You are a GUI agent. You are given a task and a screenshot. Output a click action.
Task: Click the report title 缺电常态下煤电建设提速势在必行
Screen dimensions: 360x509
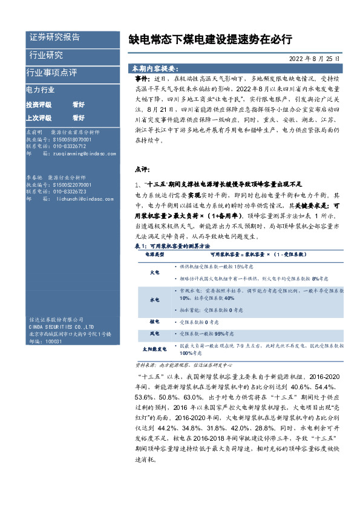[x=210, y=40]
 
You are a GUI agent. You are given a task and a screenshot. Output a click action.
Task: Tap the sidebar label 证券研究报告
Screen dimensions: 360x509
[x=54, y=37]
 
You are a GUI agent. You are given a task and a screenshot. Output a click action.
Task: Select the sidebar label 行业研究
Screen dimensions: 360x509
[x=46, y=55]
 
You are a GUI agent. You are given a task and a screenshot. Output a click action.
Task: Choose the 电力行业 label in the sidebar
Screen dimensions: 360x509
[x=41, y=89]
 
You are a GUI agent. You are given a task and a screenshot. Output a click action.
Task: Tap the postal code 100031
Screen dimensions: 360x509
[x=54, y=341]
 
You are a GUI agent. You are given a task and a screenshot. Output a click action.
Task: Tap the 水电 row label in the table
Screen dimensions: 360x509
[x=154, y=299]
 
